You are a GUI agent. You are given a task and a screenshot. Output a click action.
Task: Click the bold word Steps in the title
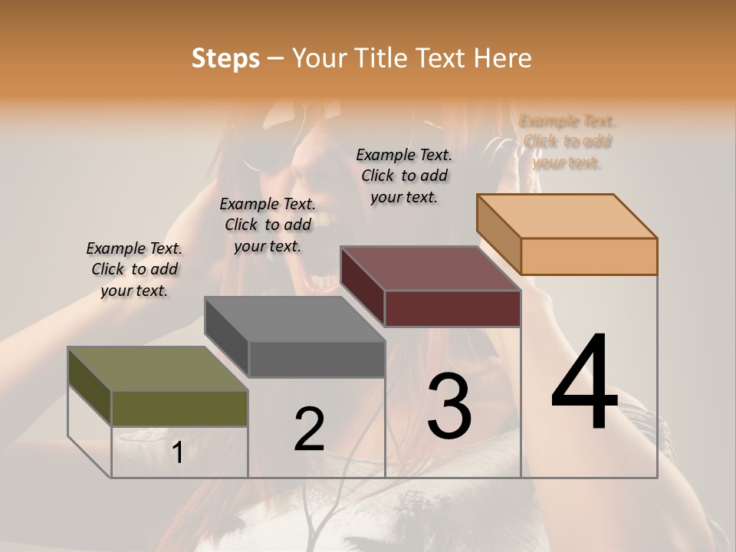coord(225,58)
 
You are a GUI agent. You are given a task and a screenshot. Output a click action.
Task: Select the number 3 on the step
coord(449,406)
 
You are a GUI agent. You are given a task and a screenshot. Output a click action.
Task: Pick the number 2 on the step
coord(309,429)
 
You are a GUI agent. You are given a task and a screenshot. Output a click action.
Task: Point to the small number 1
coord(177,453)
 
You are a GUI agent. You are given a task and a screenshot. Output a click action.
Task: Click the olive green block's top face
coord(157,369)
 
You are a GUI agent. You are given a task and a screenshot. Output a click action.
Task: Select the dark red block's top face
coord(430,268)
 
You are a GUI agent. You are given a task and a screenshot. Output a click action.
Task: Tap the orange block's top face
coord(567,216)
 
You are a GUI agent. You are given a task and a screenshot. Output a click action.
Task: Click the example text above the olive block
coord(134,269)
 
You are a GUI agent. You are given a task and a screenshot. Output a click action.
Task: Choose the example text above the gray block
coord(268,225)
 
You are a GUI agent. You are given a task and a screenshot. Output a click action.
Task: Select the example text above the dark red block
coord(404,176)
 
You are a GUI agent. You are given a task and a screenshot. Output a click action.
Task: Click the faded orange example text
coord(567,141)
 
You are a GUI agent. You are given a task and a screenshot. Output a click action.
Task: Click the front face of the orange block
coord(589,256)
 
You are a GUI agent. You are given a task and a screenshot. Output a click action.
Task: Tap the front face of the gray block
coord(317,359)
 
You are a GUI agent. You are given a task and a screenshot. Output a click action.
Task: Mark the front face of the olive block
coord(179,408)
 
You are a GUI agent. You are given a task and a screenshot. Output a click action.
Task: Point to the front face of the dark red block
coord(452,308)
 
